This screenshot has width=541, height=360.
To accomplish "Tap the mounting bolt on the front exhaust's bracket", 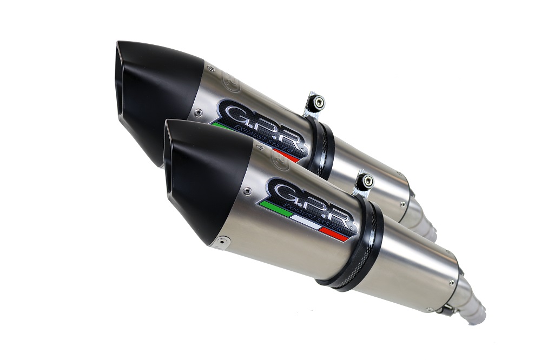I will coord(368,181).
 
